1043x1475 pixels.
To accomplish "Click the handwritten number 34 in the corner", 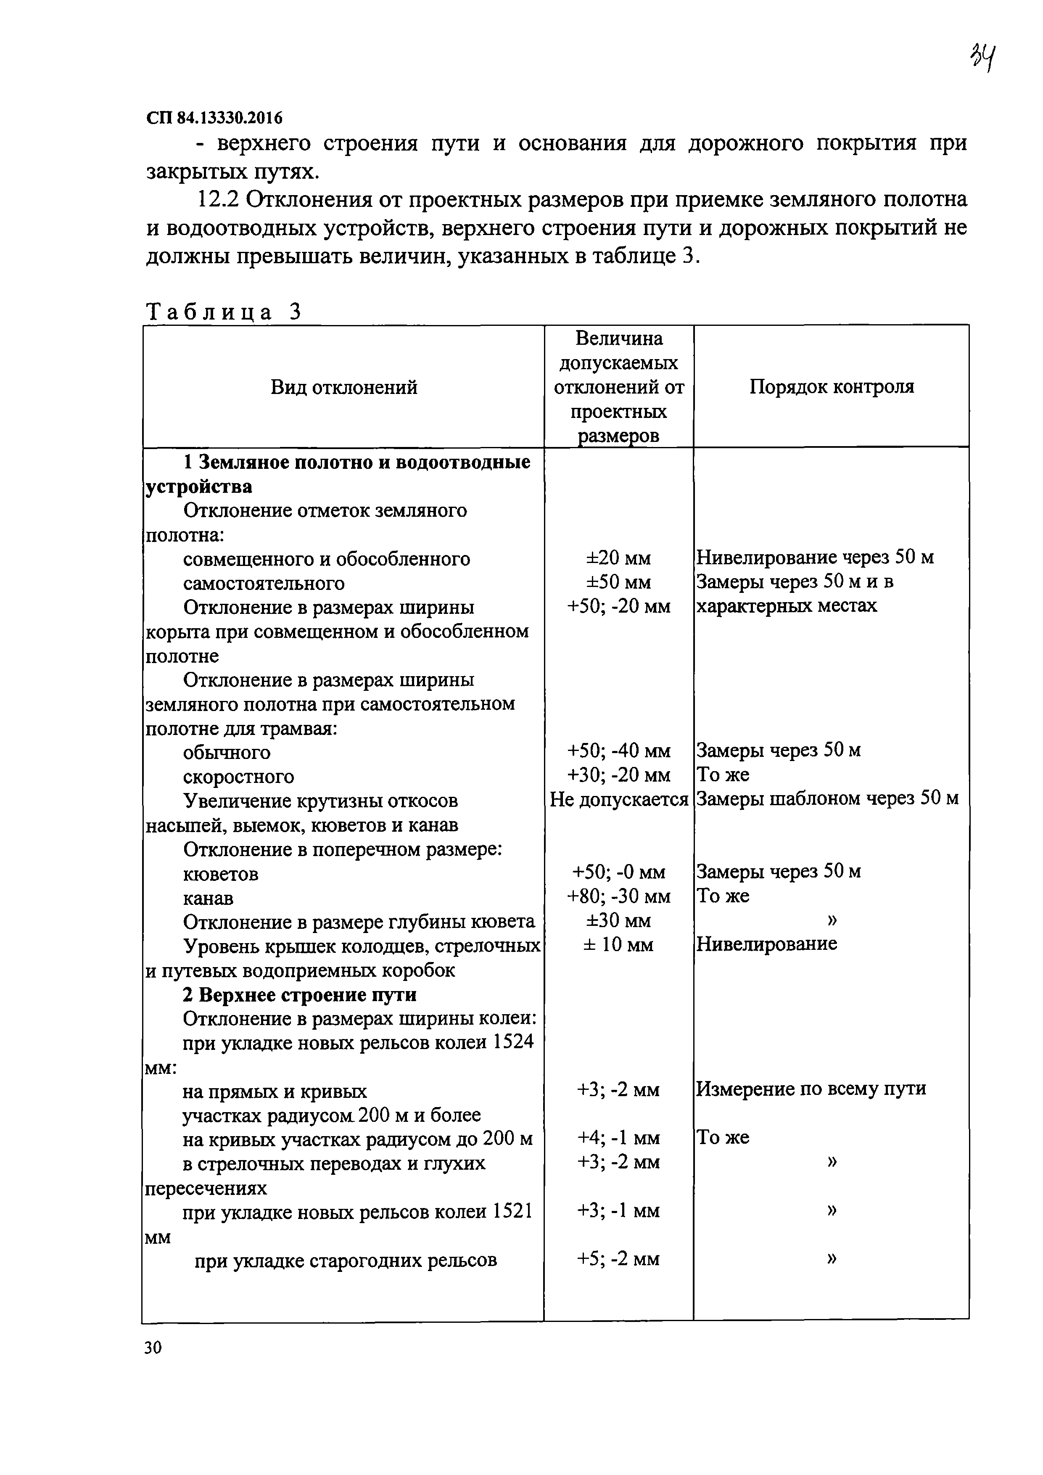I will [982, 59].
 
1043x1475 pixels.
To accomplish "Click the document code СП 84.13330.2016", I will [214, 118].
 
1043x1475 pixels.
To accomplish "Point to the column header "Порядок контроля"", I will [831, 387].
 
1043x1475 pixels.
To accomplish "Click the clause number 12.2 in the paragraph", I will [217, 200].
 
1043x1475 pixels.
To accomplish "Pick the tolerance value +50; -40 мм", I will [618, 751].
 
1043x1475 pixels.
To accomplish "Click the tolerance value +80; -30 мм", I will [618, 896].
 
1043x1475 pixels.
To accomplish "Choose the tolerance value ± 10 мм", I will [618, 945].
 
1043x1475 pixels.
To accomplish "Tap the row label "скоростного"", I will [238, 777].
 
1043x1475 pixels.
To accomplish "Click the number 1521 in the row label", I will [512, 1211].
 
